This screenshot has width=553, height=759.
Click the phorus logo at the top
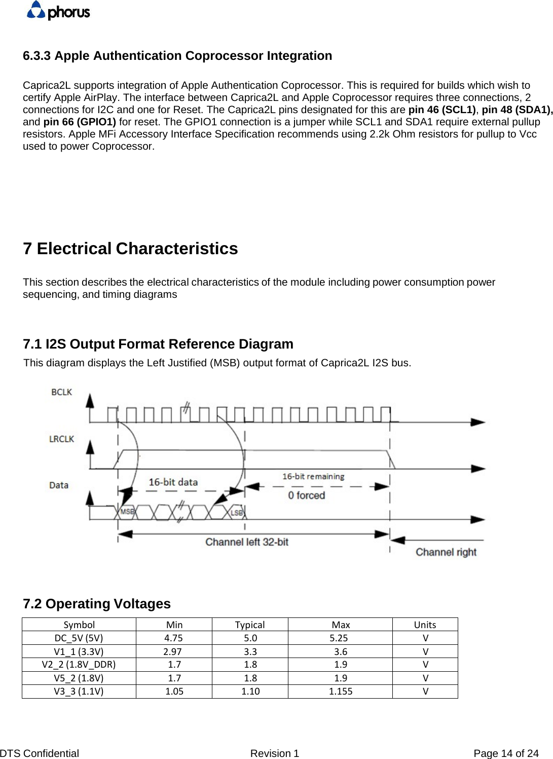click(58, 11)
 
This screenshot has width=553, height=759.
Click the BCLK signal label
click(61, 392)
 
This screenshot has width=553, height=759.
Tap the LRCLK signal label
click(61, 439)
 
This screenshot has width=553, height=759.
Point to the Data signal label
click(59, 486)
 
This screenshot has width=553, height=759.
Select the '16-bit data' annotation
click(173, 482)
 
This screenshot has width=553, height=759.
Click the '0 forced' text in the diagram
click(306, 495)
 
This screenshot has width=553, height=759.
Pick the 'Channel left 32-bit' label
click(246, 542)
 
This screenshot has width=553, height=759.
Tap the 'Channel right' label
click(446, 552)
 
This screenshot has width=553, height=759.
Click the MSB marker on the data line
click(127, 511)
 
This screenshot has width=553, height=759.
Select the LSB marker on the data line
click(237, 512)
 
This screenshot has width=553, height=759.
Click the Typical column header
click(250, 625)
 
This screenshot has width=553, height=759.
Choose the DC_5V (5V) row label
click(79, 638)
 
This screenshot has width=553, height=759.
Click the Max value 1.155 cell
click(341, 692)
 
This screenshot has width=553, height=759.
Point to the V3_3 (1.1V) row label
click(79, 692)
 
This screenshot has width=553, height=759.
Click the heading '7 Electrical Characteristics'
click(130, 249)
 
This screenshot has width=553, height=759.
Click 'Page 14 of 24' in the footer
click(505, 753)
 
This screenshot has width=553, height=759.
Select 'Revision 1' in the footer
click(275, 753)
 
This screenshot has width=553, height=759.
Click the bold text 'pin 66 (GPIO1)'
click(80, 122)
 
